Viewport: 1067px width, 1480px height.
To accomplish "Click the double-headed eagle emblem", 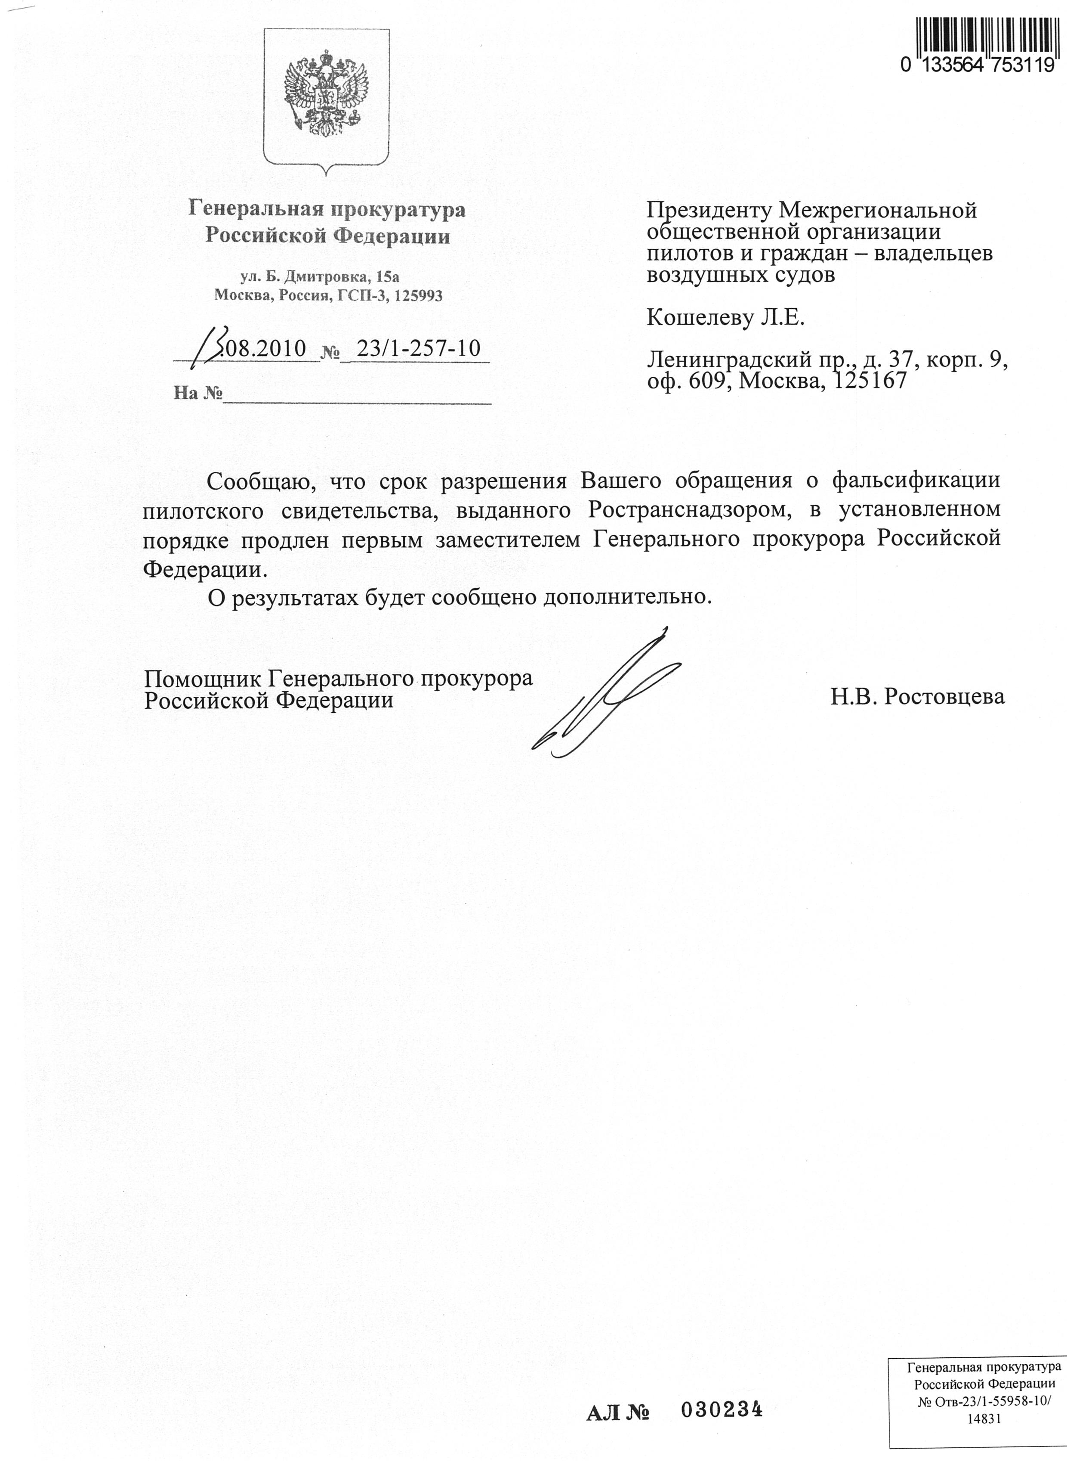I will pos(325,98).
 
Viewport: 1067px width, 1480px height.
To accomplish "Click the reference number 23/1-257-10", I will pos(419,348).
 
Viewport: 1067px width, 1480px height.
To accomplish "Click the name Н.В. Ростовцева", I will pos(918,696).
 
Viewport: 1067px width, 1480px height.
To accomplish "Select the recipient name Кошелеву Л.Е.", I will pos(726,318).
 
